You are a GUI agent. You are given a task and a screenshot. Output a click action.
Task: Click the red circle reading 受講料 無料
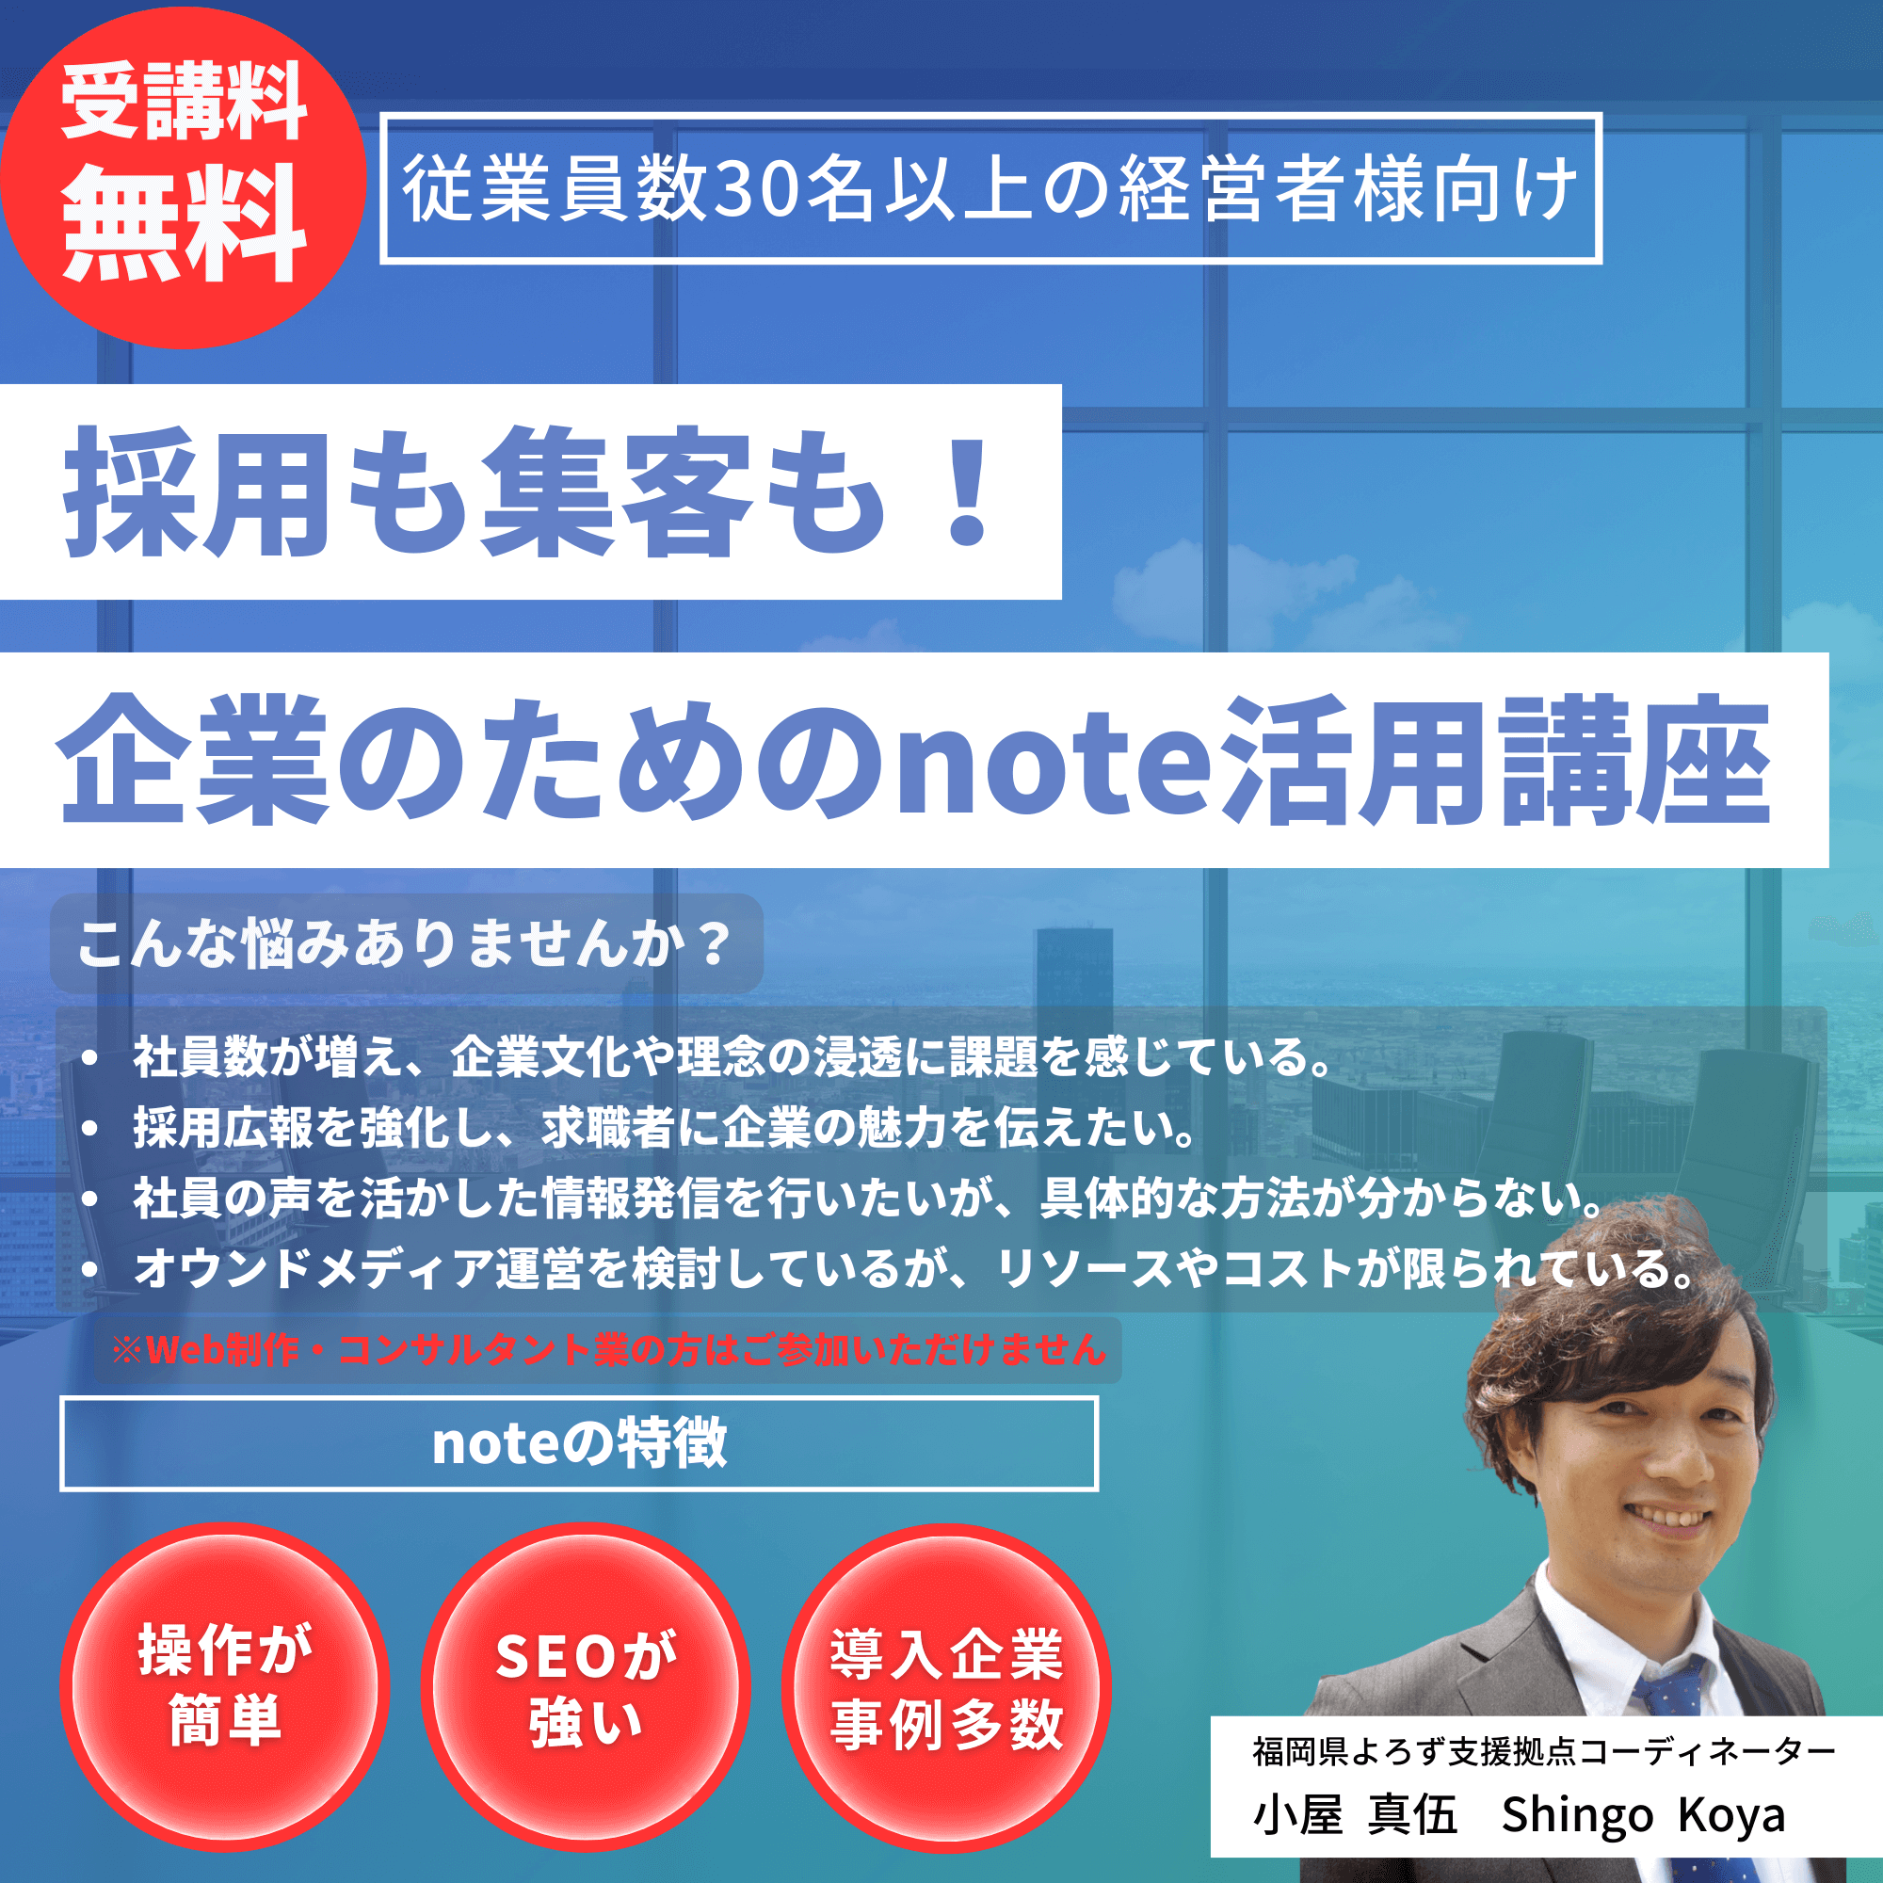183,177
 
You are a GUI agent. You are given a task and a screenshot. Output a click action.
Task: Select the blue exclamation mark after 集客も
968,492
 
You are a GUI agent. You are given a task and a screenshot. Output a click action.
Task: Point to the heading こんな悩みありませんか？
404,943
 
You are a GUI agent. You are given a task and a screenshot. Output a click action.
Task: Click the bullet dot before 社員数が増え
89,1057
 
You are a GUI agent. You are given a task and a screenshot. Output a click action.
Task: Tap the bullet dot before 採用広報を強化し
89,1128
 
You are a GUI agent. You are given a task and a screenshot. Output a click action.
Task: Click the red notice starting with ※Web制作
609,1349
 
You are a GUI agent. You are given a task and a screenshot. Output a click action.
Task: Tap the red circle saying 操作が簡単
225,1687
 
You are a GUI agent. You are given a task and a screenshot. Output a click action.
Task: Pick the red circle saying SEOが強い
586,1687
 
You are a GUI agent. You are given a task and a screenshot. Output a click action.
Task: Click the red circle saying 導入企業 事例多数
946,1687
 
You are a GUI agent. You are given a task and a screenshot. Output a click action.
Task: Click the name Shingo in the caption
1577,1815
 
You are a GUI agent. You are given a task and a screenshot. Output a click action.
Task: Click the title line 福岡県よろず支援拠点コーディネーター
1544,1751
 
